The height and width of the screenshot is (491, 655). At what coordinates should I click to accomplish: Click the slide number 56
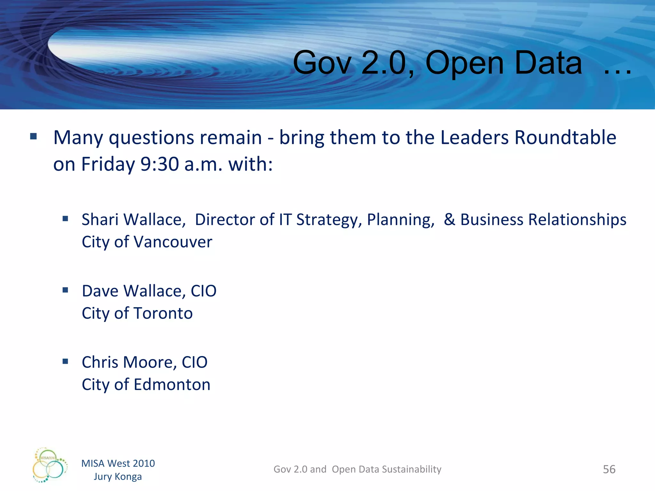tap(609, 469)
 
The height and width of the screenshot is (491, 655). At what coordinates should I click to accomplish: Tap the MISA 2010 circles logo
tap(50, 465)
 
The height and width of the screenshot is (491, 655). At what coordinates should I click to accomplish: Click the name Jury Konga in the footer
tap(118, 477)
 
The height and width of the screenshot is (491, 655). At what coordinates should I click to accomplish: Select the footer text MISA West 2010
tap(118, 463)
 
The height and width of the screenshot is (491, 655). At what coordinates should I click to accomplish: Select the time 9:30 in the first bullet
tap(160, 164)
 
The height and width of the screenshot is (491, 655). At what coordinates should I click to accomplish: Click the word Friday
tap(108, 164)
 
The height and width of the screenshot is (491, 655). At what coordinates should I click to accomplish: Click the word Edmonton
tap(172, 385)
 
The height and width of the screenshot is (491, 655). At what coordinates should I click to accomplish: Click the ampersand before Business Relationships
tap(449, 220)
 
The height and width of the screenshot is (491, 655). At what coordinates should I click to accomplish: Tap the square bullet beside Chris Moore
tap(66, 362)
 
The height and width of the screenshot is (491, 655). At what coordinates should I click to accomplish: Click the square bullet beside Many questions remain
tap(34, 137)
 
